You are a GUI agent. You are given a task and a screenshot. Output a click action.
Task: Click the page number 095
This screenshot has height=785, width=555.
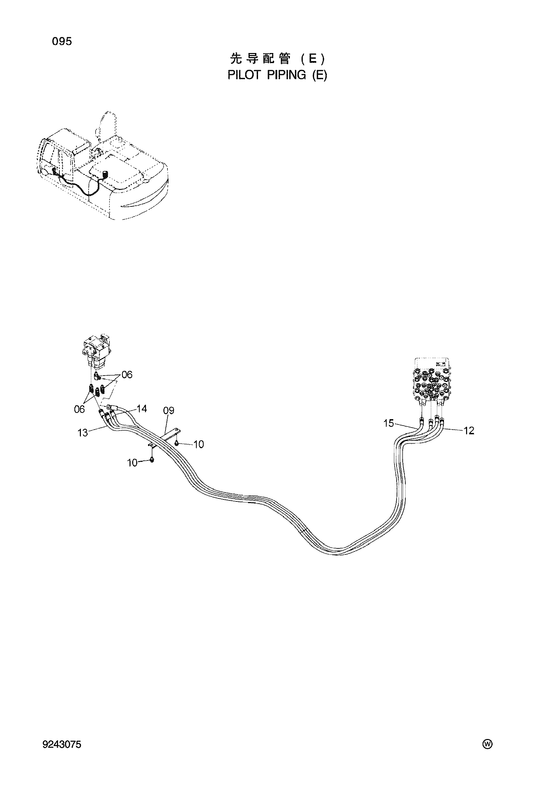point(62,42)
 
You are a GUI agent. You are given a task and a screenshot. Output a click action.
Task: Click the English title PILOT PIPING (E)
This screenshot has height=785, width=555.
point(277,75)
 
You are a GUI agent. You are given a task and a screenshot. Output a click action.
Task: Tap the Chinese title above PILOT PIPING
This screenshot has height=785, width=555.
point(277,59)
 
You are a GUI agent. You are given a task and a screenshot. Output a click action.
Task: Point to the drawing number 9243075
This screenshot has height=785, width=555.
point(62,743)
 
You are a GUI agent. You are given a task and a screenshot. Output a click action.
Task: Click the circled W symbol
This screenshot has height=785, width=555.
point(487,743)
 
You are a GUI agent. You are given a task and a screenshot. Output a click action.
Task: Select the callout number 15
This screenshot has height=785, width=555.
point(389,423)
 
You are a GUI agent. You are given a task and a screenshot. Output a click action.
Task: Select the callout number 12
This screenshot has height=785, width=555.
point(469,431)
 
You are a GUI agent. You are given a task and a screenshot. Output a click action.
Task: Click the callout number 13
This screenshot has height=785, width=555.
point(83,433)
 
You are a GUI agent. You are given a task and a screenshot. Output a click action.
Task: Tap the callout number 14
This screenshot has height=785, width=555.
point(142,408)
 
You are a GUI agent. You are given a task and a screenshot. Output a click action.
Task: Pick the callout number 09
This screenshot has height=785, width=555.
point(169,410)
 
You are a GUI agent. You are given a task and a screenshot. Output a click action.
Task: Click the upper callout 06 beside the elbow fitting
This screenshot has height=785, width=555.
point(127,375)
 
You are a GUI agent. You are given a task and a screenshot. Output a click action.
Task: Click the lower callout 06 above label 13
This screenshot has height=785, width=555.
point(79,409)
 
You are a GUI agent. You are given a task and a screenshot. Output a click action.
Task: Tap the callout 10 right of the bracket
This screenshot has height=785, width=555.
point(199,444)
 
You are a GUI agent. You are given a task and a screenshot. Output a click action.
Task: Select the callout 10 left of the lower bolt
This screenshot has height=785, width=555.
point(132,463)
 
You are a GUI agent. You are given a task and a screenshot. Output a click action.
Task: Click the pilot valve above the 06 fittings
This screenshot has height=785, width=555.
point(96,353)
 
